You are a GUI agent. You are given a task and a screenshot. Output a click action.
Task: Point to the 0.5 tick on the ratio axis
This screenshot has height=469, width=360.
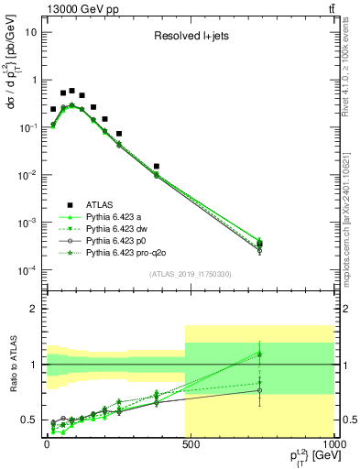coord(29,420)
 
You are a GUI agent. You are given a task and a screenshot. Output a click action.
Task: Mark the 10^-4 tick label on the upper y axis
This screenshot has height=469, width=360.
coord(27,270)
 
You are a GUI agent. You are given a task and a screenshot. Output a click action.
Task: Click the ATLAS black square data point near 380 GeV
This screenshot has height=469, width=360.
coord(157,167)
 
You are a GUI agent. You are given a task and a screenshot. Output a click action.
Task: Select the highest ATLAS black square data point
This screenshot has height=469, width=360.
coord(71,91)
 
